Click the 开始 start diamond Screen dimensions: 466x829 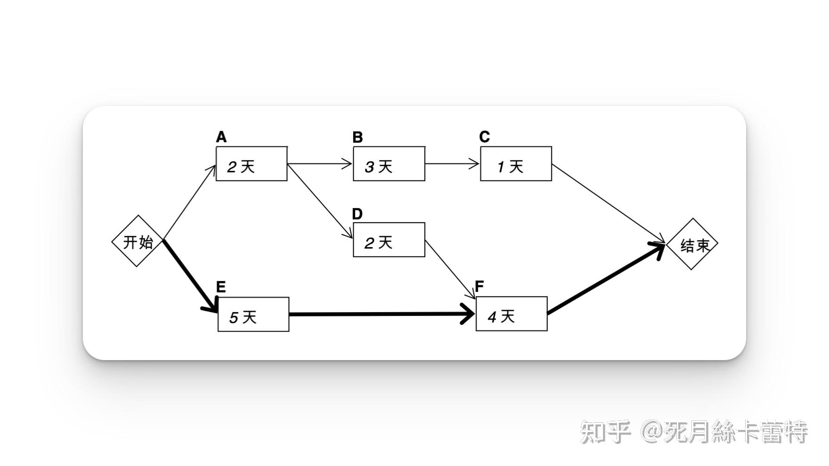click(137, 241)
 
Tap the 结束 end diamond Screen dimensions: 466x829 click(692, 244)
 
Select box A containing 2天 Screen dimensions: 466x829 click(252, 164)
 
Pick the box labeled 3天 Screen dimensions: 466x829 click(389, 164)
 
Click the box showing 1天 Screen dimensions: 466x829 click(516, 164)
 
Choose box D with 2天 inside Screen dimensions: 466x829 click(389, 240)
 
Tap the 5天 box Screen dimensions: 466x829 click(253, 314)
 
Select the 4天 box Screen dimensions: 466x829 click(512, 314)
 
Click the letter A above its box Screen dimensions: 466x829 click(221, 137)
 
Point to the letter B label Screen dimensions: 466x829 click(358, 137)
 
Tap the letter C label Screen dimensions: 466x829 click(484, 137)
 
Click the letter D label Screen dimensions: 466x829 click(358, 214)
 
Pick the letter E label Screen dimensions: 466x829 click(220, 287)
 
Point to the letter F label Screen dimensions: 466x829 click(480, 286)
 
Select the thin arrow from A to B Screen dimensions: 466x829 click(320, 164)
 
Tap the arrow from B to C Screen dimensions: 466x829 click(452, 164)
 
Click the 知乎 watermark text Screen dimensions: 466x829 click(605, 432)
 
